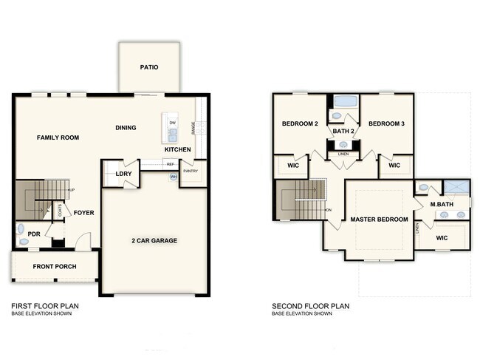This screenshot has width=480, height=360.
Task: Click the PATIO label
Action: coord(149,67)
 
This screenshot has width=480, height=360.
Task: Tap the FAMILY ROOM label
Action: coord(58,137)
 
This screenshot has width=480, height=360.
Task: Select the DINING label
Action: coord(126,128)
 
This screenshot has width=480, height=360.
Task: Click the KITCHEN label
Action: coord(178,150)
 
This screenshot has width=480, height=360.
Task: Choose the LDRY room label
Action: coord(123,174)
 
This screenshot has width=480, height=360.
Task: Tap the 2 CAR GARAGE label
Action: coord(154,240)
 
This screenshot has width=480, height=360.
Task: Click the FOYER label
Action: coord(83,213)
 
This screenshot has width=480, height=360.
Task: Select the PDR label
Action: coord(34,234)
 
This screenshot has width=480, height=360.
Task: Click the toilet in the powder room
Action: coord(21,229)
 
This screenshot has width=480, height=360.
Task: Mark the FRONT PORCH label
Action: coord(54,266)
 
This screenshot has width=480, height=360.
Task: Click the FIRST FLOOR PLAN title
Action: coord(45,305)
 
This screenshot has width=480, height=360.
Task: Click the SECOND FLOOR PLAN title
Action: coord(310,305)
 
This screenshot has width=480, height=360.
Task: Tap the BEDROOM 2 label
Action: coord(300,123)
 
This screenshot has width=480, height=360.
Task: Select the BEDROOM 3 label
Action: coord(386,123)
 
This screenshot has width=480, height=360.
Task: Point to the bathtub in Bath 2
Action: coord(344,102)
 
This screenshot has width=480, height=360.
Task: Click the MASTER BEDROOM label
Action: coord(379,220)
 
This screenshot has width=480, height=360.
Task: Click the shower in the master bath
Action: coord(456,186)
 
